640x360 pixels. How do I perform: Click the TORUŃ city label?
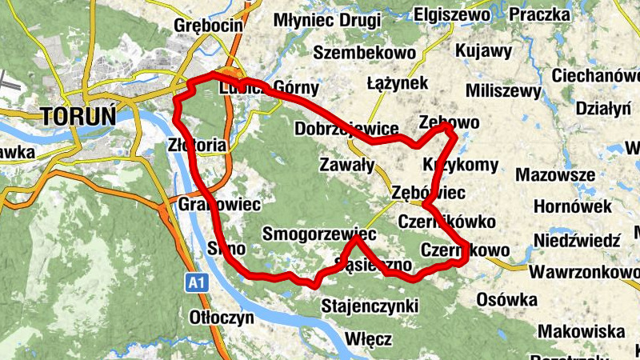pos(78,115)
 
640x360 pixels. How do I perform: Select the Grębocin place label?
pos(208,26)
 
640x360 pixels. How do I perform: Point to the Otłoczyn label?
pos(222,317)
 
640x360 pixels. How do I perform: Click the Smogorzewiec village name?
pos(319,235)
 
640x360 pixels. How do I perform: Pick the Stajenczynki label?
pos(370,306)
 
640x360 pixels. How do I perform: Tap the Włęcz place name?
pos(369,339)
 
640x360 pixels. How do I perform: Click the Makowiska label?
pos(581,331)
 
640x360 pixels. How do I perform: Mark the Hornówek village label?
pos(573,207)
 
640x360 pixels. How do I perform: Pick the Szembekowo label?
pos(365,53)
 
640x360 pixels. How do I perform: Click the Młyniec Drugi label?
pos(327,20)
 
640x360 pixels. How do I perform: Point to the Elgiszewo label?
pos(453,14)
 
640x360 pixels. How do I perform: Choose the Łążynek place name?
pos(398,83)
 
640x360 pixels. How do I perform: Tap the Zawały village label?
pos(346,166)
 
